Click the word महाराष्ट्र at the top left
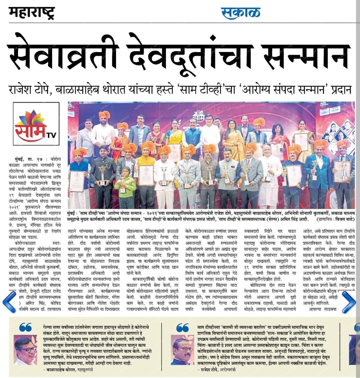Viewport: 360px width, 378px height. [x=32, y=13]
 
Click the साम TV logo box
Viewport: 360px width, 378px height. [x=36, y=127]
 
